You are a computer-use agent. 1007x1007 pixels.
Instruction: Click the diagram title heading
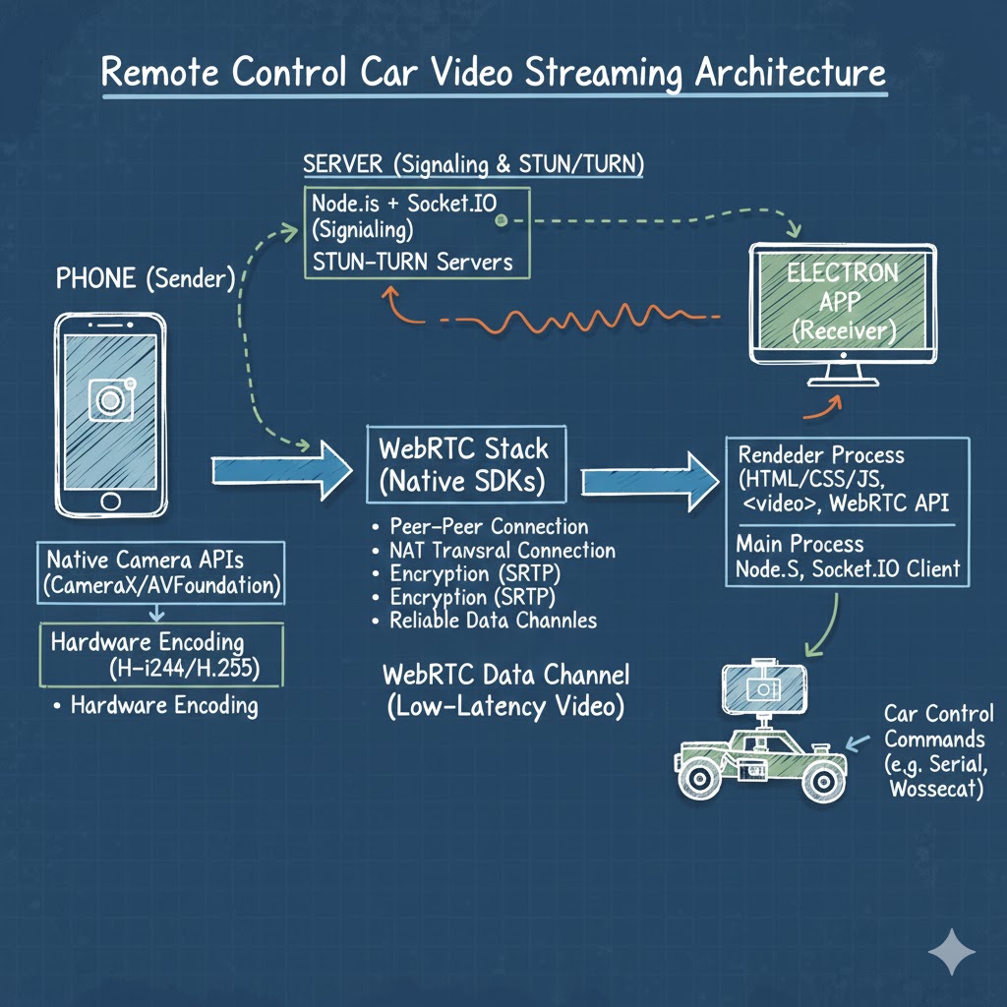point(494,75)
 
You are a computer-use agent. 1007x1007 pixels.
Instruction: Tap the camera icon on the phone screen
point(109,398)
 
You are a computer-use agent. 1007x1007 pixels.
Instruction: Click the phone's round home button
point(109,501)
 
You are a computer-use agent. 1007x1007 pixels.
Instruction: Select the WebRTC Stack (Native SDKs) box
point(464,465)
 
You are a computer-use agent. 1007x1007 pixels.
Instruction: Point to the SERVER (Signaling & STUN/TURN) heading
point(473,163)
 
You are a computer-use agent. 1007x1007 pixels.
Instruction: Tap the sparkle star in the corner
point(952,953)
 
